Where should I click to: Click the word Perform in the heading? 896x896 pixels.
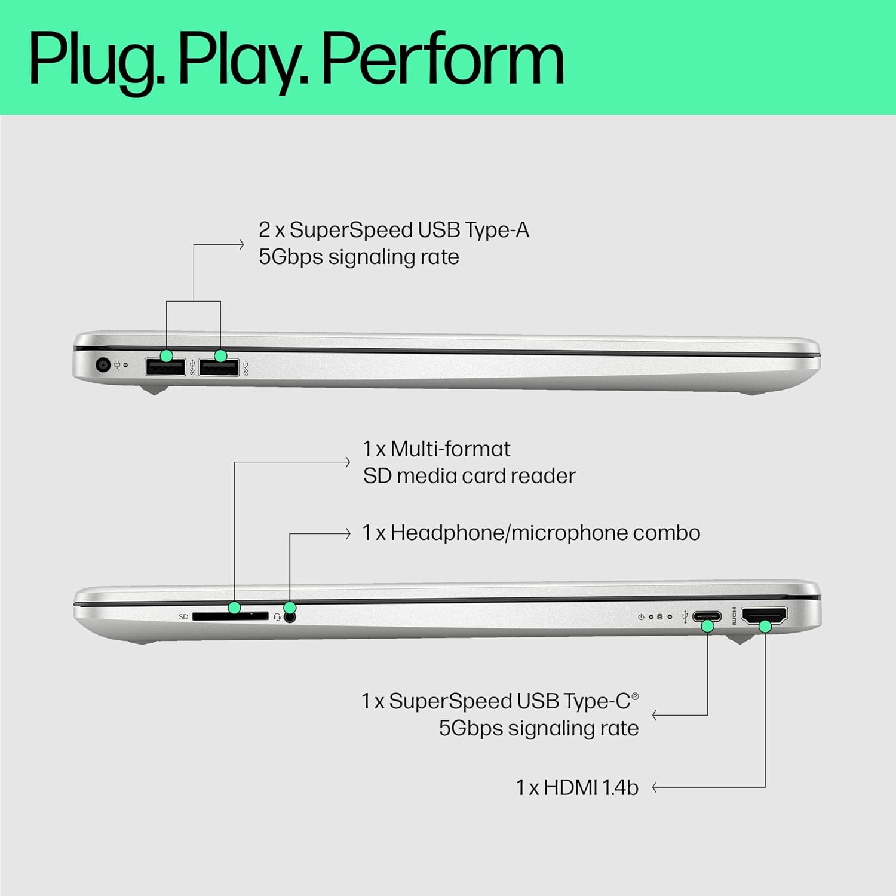[443, 60]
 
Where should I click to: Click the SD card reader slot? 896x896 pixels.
[230, 616]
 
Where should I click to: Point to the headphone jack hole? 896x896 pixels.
[290, 618]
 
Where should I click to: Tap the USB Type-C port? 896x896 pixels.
[707, 616]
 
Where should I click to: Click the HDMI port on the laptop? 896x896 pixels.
[764, 615]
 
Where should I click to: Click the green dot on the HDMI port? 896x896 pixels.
[765, 626]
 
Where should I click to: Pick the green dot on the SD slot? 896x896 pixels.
[234, 607]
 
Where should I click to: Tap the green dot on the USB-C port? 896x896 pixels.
[707, 626]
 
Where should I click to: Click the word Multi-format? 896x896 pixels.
[450, 449]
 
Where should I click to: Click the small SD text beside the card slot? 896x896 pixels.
[183, 617]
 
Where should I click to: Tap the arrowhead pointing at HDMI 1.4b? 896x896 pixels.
[655, 788]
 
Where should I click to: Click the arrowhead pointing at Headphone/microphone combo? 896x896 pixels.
[348, 533]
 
